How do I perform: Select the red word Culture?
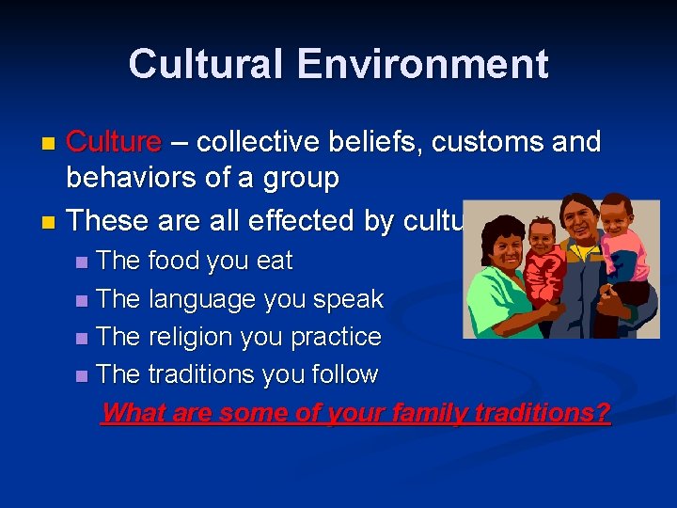pos(114,142)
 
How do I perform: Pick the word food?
pos(178,261)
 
